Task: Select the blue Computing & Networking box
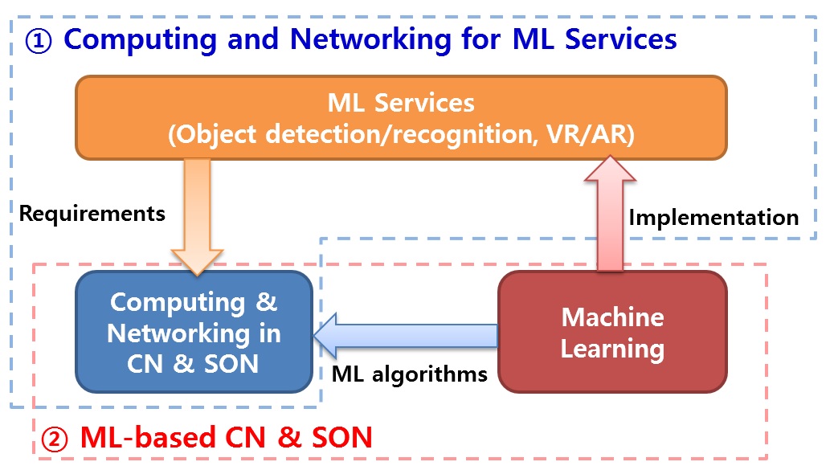click(x=194, y=332)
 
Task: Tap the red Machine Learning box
click(x=612, y=331)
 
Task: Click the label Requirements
click(x=92, y=213)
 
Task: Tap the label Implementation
click(x=713, y=217)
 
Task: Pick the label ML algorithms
click(x=410, y=374)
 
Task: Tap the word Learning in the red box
click(x=612, y=348)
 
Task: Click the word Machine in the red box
click(x=612, y=317)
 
